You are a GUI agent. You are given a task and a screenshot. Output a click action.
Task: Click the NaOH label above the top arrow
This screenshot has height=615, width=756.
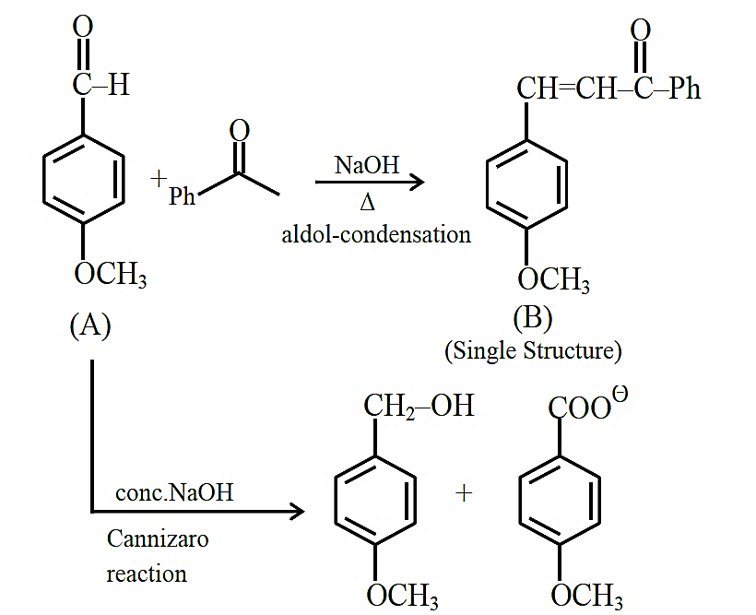click(367, 165)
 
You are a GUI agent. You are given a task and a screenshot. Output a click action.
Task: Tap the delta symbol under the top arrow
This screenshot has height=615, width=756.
click(367, 203)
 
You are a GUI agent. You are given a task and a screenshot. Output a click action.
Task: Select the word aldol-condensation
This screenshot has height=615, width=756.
click(376, 235)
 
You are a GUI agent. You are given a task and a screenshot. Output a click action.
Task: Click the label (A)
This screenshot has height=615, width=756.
click(90, 325)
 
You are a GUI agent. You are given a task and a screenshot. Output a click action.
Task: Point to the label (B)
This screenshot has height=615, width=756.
click(533, 318)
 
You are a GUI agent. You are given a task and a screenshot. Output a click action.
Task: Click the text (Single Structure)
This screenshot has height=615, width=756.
click(533, 350)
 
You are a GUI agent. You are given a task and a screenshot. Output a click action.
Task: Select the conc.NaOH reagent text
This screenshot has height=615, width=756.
click(174, 492)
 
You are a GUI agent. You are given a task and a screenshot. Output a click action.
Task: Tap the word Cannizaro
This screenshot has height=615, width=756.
click(158, 538)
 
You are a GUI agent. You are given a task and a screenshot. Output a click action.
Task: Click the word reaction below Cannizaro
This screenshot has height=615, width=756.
click(147, 574)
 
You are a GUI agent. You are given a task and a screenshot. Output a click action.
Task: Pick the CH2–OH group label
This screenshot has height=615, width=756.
click(419, 406)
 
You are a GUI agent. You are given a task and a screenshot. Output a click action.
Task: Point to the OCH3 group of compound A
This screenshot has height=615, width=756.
click(111, 274)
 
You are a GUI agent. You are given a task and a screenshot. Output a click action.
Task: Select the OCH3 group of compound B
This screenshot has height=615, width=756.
click(553, 279)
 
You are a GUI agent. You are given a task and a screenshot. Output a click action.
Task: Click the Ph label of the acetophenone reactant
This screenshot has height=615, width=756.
click(182, 195)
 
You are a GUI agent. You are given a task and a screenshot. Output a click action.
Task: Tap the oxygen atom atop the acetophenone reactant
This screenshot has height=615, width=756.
click(239, 131)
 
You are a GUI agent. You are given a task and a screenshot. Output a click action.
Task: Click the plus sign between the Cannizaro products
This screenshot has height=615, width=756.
click(464, 493)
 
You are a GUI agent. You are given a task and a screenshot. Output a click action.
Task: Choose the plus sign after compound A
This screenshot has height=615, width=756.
click(159, 179)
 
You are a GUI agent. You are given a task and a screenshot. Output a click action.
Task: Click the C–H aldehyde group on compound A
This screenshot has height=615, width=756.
click(101, 85)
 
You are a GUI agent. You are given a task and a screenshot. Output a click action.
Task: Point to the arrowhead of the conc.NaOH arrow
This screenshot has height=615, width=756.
click(298, 511)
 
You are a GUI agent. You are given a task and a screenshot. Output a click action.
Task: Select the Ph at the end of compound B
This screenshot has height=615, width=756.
click(685, 89)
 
